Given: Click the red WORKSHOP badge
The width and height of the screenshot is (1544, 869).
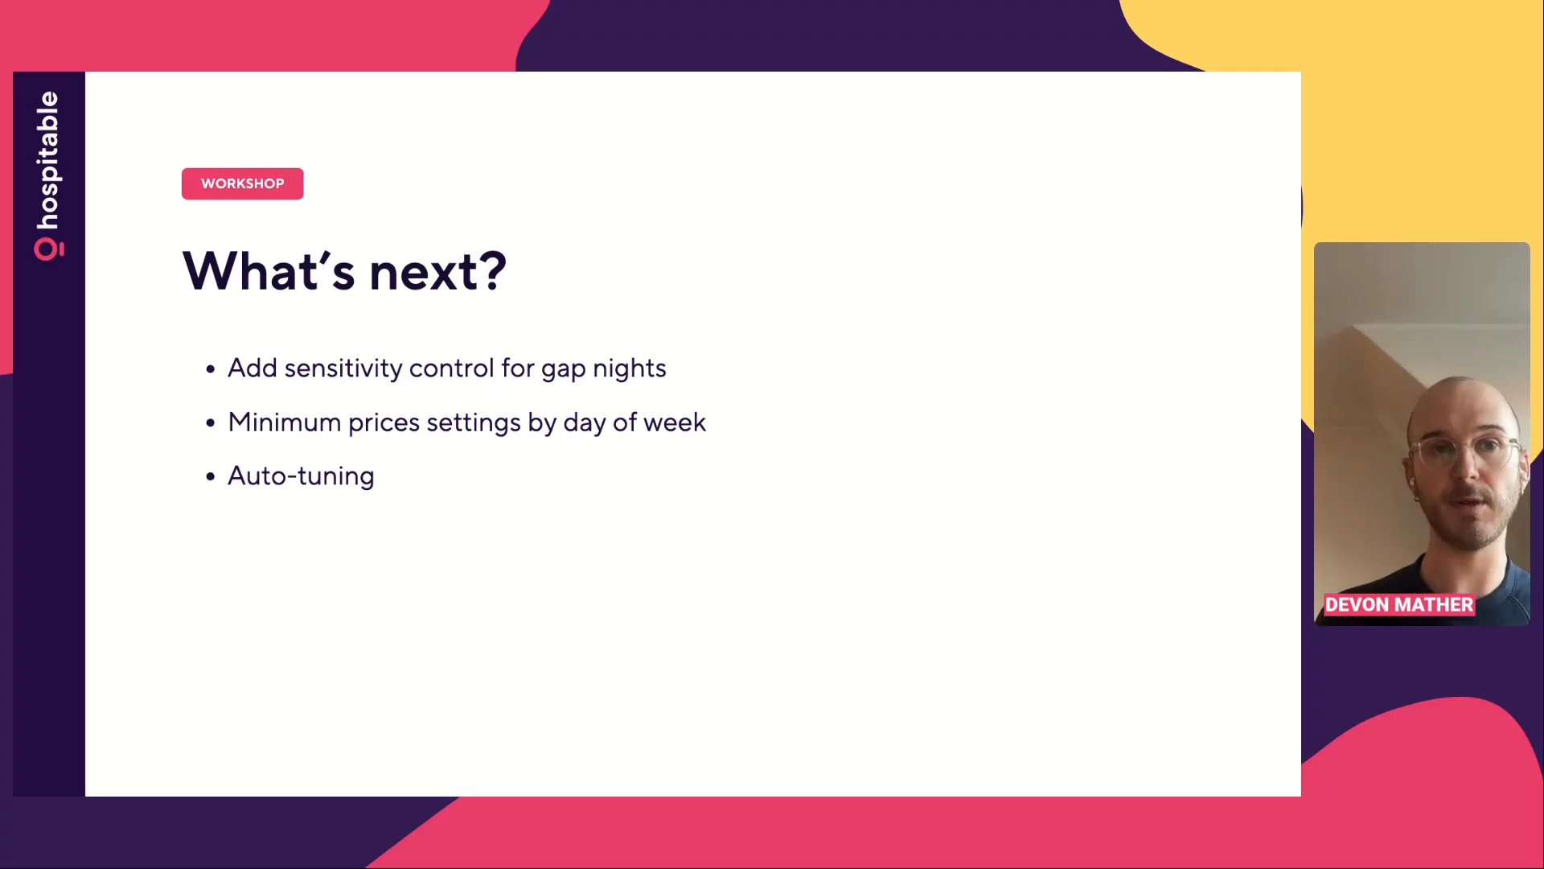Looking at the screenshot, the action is pyautogui.click(x=242, y=183).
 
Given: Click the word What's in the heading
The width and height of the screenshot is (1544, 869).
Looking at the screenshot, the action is pyautogui.click(x=269, y=271).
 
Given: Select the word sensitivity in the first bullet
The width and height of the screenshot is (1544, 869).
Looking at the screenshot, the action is pyautogui.click(x=343, y=369).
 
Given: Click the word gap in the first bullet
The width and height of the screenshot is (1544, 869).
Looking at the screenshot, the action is pyautogui.click(x=563, y=369).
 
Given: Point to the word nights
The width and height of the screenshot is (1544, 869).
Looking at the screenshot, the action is pyautogui.click(x=630, y=369).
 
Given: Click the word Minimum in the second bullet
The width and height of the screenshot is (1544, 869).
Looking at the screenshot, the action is pyautogui.click(x=285, y=422).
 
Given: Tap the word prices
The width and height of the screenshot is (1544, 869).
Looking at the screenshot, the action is pyautogui.click(x=384, y=423).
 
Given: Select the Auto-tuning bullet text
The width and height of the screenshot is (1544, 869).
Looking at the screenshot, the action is pyautogui.click(x=301, y=476).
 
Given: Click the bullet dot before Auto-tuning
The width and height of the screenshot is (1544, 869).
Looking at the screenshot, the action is pyautogui.click(x=211, y=476).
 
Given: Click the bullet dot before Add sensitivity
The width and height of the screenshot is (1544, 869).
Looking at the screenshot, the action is pyautogui.click(x=211, y=369).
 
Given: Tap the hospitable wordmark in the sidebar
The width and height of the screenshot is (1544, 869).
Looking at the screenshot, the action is pyautogui.click(x=47, y=160).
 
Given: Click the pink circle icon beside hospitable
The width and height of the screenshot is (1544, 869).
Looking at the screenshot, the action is pyautogui.click(x=47, y=249).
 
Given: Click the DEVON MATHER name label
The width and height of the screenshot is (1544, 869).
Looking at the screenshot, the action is pyautogui.click(x=1399, y=605).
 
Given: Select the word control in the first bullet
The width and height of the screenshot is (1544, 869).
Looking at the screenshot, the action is pyautogui.click(x=452, y=369).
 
